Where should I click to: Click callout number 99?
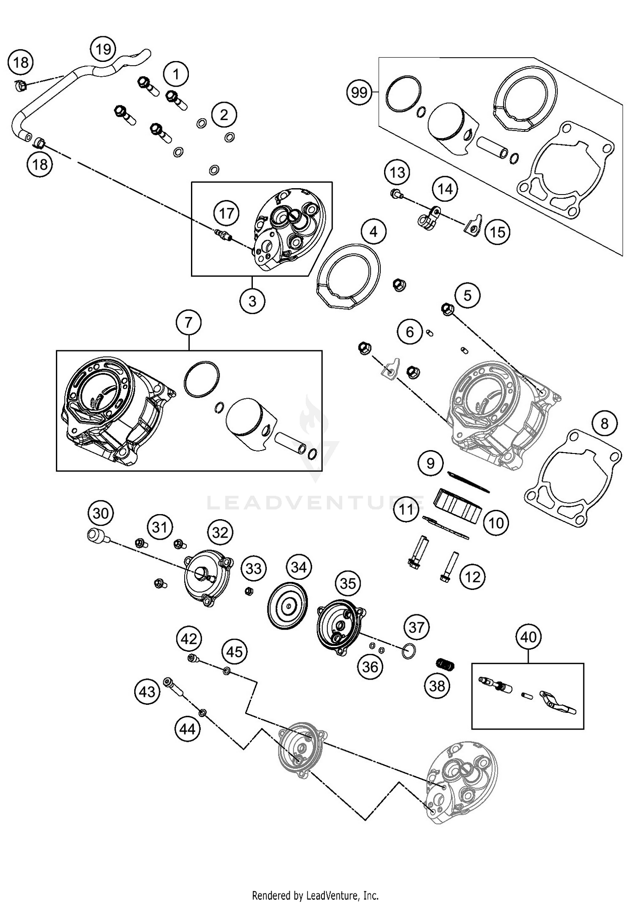pos(359,92)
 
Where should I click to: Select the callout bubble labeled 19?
pos(103,49)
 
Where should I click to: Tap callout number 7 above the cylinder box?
pos(188,323)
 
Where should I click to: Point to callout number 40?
pos(528,637)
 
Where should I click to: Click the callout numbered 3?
pos(252,301)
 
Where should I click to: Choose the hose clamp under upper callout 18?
pos(19,85)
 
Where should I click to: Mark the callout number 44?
pos(188,729)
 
